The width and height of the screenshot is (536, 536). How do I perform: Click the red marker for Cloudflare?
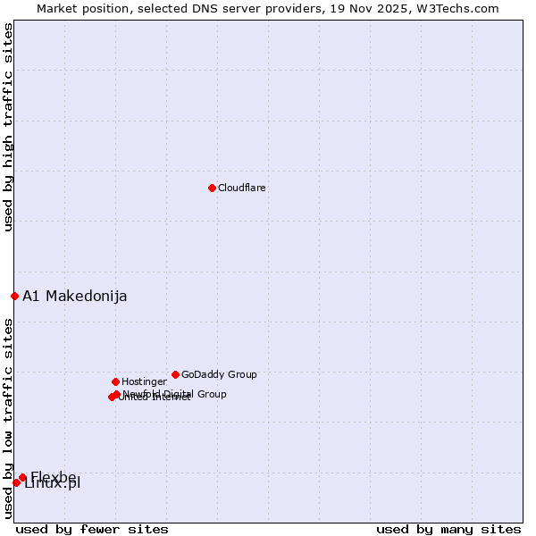pos(212,188)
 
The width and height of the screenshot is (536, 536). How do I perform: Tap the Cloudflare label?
pos(241,188)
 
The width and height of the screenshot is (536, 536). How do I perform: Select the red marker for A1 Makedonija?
pos(14,296)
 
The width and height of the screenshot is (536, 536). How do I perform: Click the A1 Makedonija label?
pos(74,297)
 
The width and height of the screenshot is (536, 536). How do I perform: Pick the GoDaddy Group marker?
pos(175,374)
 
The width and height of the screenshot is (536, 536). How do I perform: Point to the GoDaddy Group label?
pos(219,375)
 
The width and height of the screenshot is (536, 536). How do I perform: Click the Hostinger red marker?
pos(115,381)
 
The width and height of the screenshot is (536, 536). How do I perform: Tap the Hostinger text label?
pos(144,382)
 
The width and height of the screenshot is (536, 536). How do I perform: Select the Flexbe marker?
pos(22,477)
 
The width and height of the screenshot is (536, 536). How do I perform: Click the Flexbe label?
pos(54,476)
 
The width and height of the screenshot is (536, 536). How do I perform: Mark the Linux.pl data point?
pos(16,482)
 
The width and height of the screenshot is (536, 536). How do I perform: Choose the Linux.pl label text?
pos(53,484)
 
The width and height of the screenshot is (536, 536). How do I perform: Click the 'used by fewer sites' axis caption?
pos(92,529)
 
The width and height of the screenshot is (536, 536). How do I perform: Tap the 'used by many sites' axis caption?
pos(448,529)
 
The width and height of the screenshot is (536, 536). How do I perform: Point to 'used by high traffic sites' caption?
pos(9,128)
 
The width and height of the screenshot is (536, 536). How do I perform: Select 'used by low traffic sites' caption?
pos(9,417)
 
